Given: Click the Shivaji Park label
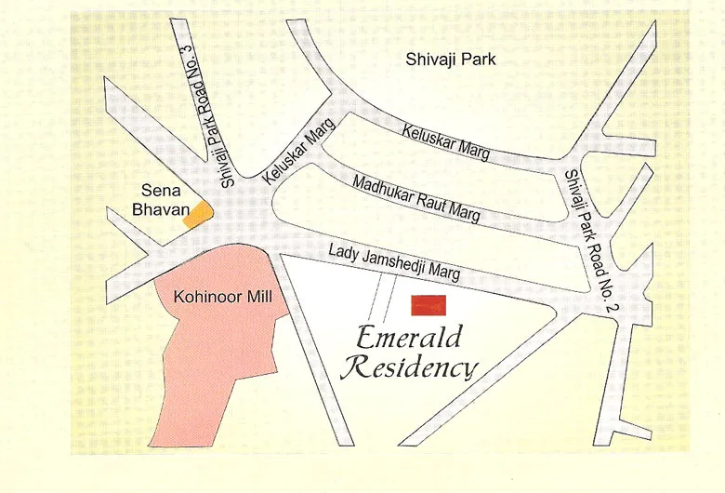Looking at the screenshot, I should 451,60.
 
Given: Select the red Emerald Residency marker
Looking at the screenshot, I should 429,304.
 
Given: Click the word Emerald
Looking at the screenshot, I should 405,335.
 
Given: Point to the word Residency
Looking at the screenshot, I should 408,367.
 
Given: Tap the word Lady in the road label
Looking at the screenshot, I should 343,249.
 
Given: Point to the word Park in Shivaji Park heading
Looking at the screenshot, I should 478,60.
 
